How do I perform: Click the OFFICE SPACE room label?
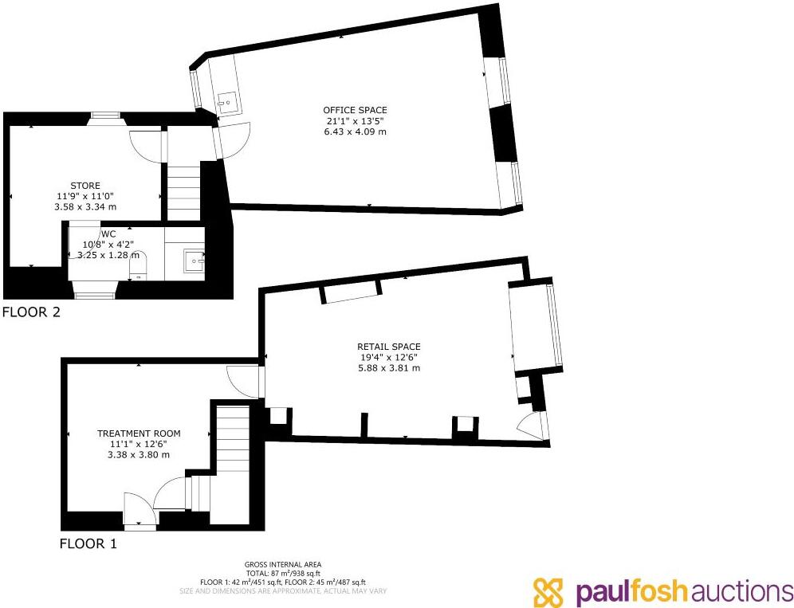point(355,110)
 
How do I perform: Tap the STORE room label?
point(85,186)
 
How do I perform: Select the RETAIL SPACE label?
point(388,347)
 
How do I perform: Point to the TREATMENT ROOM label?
point(139,433)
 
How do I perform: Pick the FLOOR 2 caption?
point(31,312)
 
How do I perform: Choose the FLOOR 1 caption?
point(88,544)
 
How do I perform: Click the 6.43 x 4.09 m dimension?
point(355,131)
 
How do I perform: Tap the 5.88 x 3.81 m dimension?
point(388,368)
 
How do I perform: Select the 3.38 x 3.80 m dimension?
point(139,455)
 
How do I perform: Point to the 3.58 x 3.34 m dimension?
point(85,206)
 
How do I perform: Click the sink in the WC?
point(195,260)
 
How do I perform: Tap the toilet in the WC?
point(140,265)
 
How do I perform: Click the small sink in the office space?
point(227,102)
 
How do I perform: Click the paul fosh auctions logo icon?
point(548,590)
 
